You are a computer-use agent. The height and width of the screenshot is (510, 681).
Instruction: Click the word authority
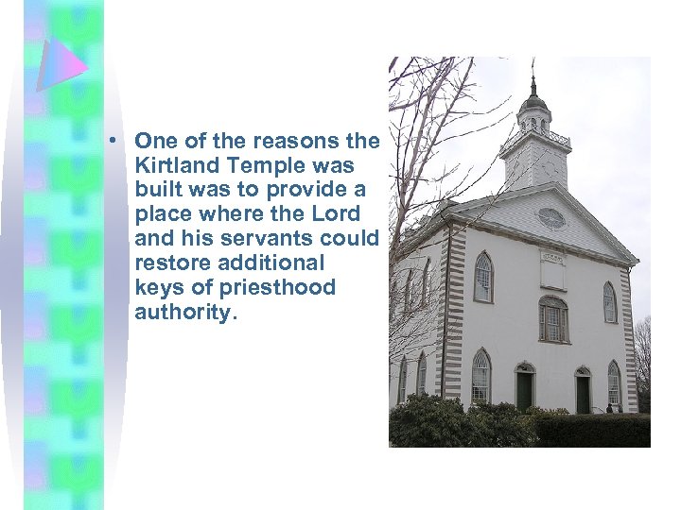pyautogui.click(x=183, y=313)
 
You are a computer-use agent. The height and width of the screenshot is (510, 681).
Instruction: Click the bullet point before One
pyautogui.click(x=112, y=142)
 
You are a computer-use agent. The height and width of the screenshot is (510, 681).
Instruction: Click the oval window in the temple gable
pyautogui.click(x=550, y=218)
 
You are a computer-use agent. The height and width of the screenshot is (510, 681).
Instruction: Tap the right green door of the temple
pyautogui.click(x=583, y=393)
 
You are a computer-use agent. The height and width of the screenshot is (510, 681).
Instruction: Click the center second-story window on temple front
pyautogui.click(x=552, y=320)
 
